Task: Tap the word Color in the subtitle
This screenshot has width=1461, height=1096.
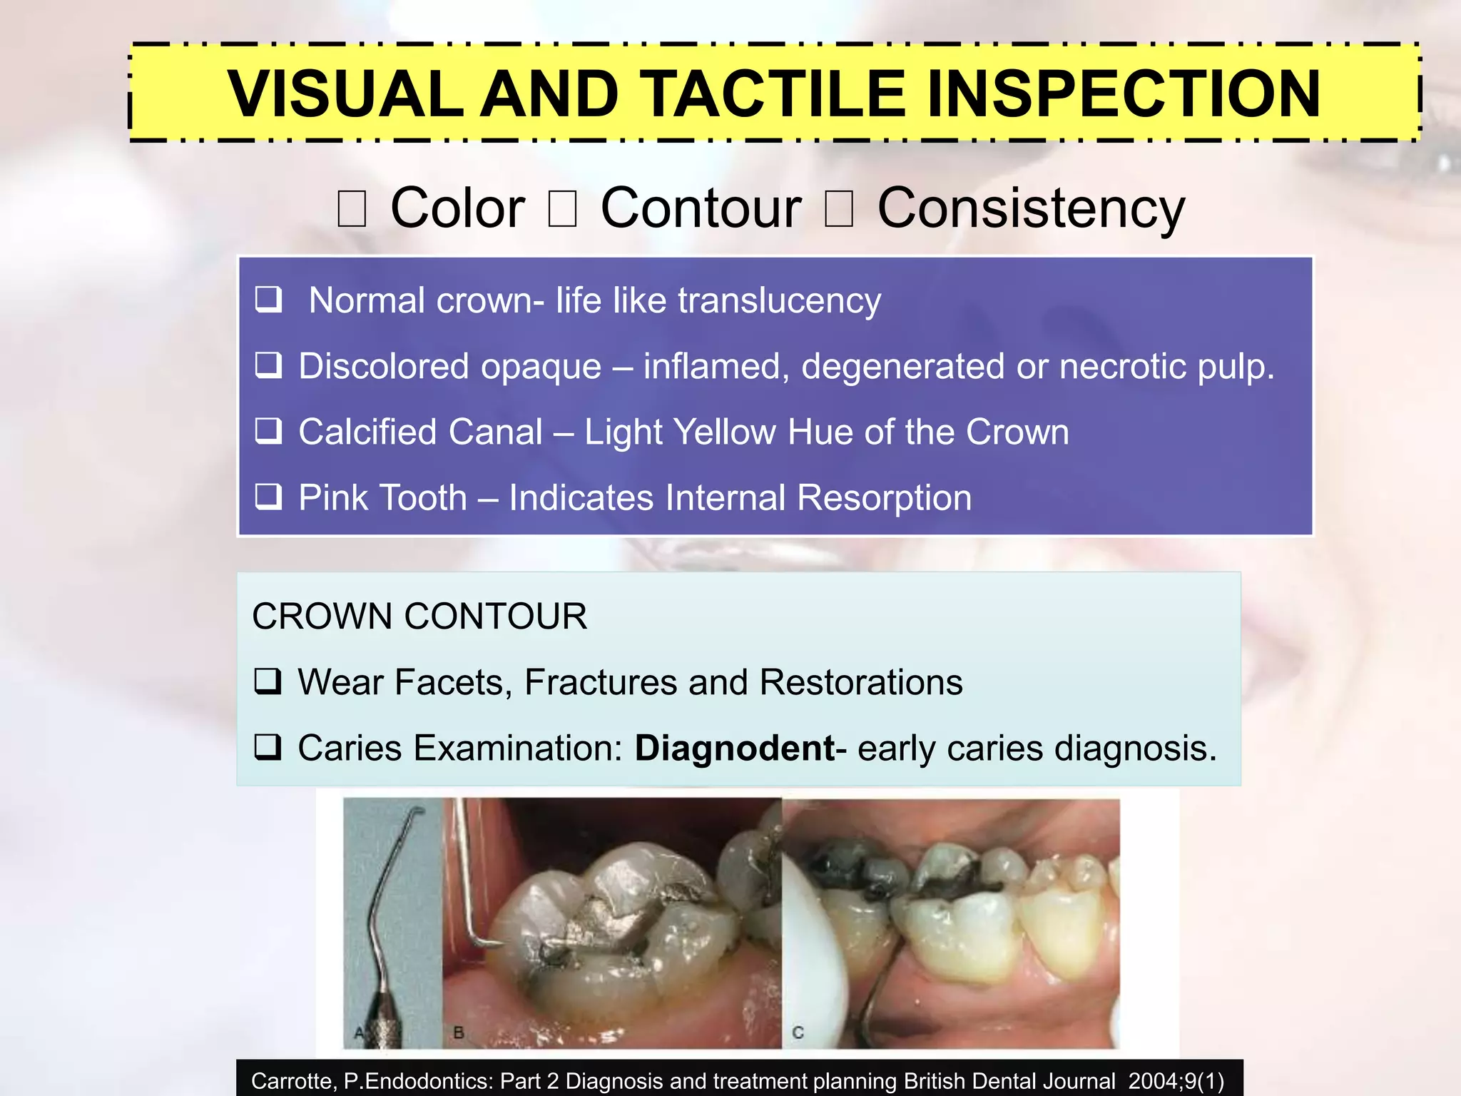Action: (457, 208)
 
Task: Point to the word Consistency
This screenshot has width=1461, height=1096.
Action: (1030, 208)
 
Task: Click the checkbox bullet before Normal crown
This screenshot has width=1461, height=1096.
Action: (269, 300)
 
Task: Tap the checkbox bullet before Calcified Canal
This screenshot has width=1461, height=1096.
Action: (269, 431)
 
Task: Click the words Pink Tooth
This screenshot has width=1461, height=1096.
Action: (382, 497)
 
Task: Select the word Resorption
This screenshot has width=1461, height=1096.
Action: (884, 497)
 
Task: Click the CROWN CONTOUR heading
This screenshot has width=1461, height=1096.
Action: (419, 616)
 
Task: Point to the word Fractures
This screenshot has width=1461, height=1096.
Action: (601, 682)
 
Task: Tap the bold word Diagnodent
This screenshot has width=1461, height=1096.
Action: (735, 749)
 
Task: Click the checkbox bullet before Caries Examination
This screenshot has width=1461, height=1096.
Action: (269, 748)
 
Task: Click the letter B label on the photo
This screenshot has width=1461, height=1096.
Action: (459, 1032)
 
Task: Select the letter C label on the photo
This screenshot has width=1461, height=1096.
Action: (798, 1032)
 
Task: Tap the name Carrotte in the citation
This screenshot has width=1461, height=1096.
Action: (292, 1081)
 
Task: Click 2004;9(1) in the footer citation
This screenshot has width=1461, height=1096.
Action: (1176, 1081)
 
